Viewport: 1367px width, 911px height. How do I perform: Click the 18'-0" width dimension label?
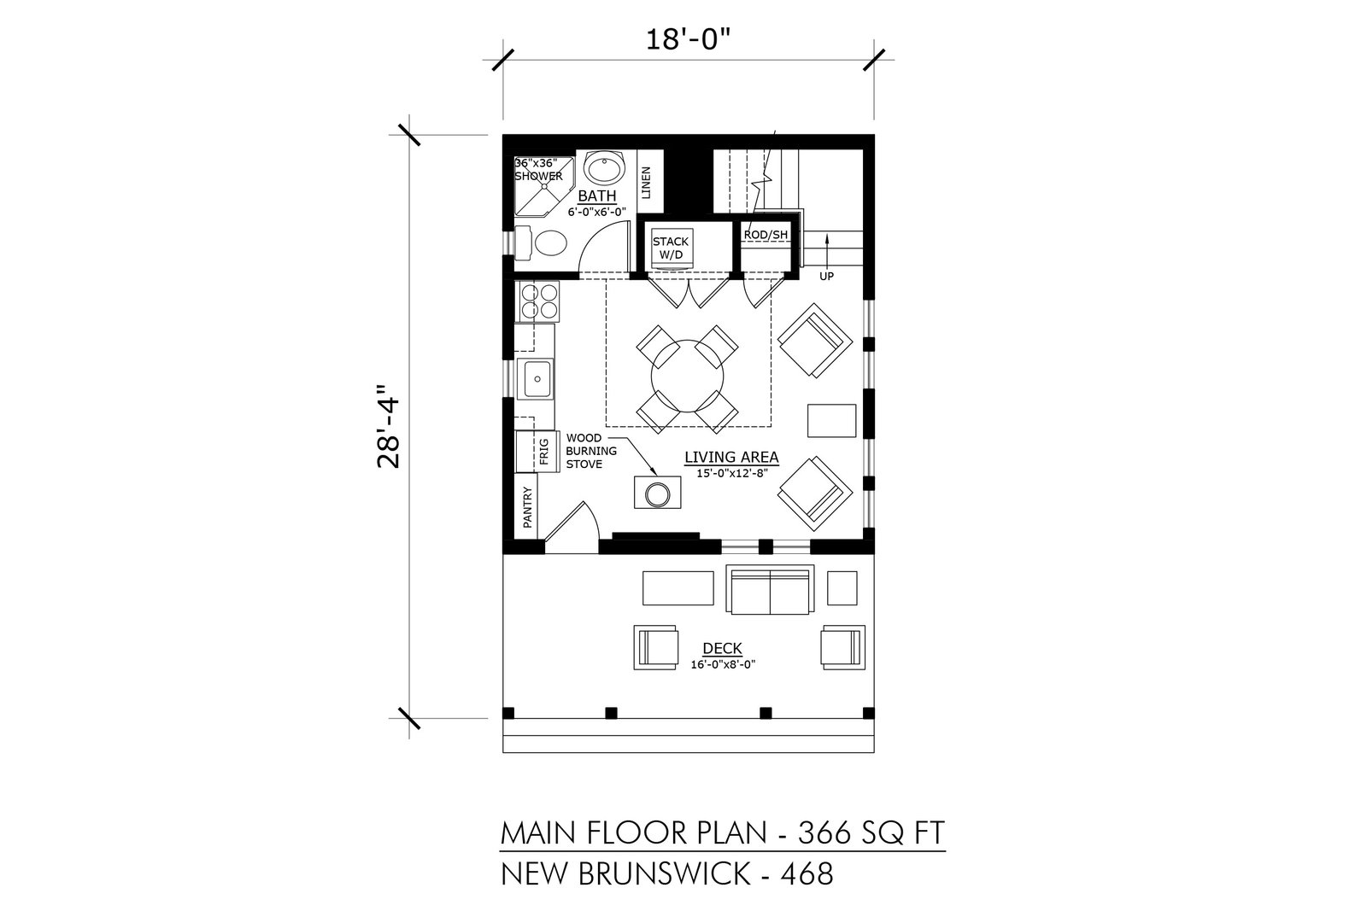pos(689,40)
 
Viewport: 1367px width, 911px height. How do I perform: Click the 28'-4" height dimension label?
pos(389,426)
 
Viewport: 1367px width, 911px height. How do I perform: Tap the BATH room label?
pos(597,196)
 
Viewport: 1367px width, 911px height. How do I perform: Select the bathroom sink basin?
pos(605,167)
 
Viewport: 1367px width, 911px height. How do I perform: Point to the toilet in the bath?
pos(543,242)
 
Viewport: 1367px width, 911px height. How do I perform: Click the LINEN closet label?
pos(647,183)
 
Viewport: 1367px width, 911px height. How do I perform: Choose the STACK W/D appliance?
pos(671,248)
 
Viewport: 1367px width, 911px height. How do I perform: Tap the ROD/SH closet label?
pos(766,235)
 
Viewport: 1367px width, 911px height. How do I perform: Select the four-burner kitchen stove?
pos(537,301)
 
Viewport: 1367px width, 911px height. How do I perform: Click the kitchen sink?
pos(535,379)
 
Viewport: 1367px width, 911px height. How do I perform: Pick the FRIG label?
pos(544,452)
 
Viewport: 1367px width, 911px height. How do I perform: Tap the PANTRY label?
pos(528,506)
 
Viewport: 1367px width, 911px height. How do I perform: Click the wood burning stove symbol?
pos(657,493)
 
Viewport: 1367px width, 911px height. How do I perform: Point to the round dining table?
pos(687,376)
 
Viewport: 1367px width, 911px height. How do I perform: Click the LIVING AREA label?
pos(731,457)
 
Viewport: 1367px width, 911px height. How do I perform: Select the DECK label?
pos(723,648)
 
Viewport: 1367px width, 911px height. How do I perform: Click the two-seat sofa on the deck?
pos(770,589)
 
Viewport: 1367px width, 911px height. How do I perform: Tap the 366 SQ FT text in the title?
pos(871,832)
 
